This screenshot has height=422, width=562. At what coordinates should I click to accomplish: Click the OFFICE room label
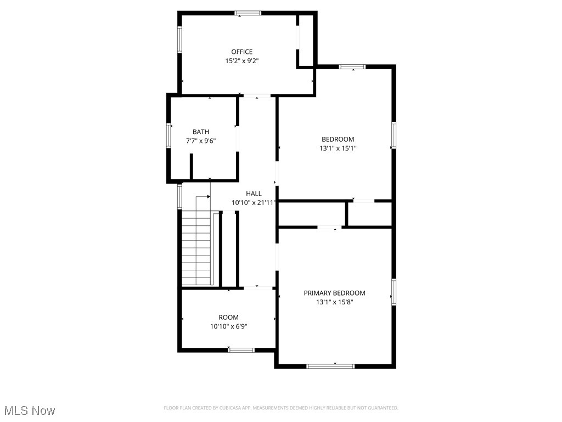(241, 52)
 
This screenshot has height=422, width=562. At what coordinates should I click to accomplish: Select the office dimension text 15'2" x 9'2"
(241, 61)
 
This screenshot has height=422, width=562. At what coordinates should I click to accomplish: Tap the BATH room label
(200, 132)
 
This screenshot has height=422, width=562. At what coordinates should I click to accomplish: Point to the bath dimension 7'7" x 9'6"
(200, 141)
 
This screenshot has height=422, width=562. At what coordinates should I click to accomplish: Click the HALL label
(254, 193)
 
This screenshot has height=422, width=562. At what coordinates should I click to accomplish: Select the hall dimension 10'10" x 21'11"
(254, 202)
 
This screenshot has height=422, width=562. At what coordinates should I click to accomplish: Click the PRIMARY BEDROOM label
(334, 293)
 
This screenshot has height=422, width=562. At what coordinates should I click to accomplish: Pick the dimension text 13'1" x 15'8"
(334, 302)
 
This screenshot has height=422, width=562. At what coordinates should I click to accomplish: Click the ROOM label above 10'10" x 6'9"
(228, 317)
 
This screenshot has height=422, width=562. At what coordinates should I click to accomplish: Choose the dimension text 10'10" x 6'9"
(228, 326)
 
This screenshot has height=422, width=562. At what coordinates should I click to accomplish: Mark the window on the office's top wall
(248, 13)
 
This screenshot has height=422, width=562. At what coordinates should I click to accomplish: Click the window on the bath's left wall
(169, 135)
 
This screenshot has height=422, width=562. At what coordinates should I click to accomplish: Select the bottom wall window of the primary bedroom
(330, 366)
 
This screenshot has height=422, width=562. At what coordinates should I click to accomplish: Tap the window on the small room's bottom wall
(241, 350)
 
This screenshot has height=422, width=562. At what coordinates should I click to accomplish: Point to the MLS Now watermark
(30, 410)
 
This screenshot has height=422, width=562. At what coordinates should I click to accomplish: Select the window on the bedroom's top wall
(352, 67)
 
